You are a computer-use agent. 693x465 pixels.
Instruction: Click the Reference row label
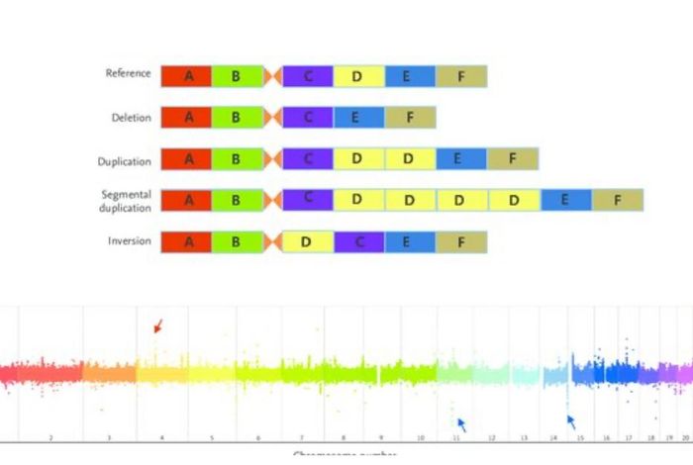tap(128, 74)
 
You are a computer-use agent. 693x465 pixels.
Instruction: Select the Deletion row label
tap(131, 118)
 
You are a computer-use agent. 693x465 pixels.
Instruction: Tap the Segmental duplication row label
tap(126, 201)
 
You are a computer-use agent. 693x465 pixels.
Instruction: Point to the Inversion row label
tap(130, 241)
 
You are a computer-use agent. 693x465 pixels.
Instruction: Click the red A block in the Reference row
tap(185, 76)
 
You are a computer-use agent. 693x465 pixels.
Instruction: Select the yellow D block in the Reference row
tap(358, 76)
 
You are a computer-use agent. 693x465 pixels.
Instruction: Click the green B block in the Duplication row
tap(237, 158)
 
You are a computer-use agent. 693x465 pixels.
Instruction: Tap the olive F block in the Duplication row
tap(512, 158)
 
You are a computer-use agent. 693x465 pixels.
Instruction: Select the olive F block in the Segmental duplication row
tap(617, 200)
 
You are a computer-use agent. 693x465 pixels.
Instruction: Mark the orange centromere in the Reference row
tap(273, 76)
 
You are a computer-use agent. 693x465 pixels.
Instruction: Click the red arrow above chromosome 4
tap(157, 326)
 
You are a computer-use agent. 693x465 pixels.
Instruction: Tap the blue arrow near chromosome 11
tap(461, 424)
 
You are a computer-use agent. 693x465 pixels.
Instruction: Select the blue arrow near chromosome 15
tap(570, 420)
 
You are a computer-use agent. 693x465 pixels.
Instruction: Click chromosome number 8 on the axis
tap(344, 436)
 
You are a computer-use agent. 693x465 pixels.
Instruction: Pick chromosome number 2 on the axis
tap(50, 436)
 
